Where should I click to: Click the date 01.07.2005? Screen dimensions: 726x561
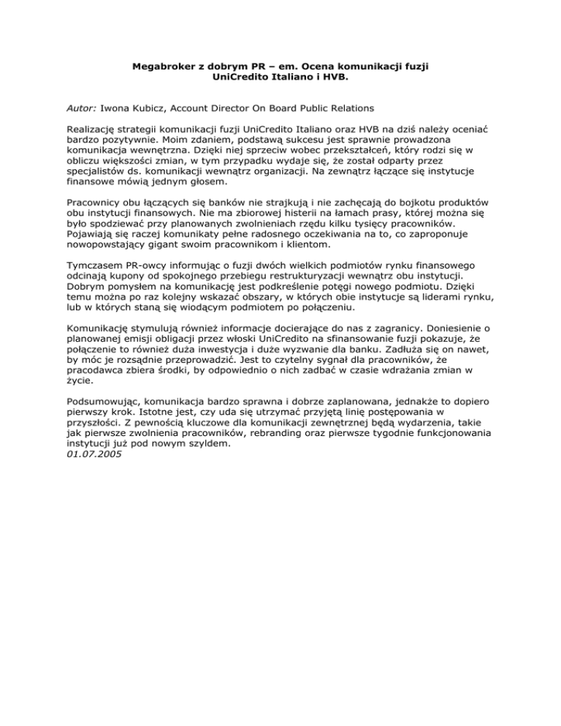92,454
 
